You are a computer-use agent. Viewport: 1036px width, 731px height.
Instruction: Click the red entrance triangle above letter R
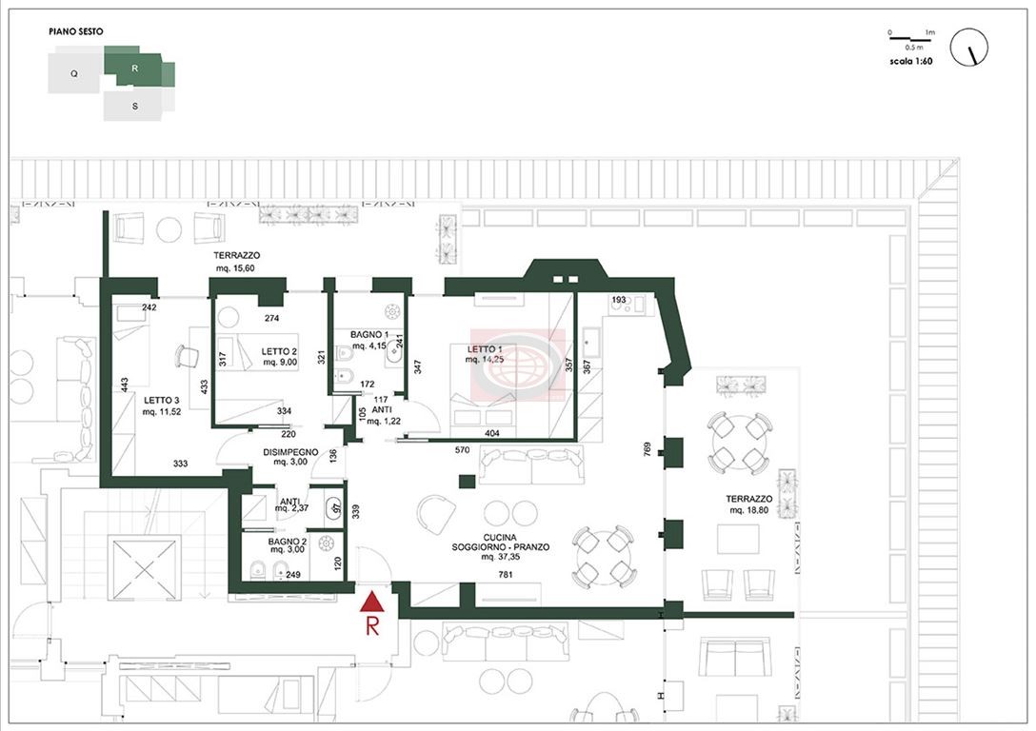(372, 602)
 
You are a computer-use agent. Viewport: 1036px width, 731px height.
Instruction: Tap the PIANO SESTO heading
(76, 31)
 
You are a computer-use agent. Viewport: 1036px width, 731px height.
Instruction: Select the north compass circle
(968, 47)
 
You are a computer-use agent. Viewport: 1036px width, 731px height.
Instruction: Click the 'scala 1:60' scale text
(911, 62)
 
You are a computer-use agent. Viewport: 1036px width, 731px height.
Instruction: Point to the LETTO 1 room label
(485, 349)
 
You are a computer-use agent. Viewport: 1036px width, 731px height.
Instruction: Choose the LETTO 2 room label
(279, 352)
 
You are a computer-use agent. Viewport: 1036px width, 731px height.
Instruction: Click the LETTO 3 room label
(161, 400)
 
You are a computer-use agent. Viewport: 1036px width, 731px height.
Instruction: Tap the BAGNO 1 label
(369, 335)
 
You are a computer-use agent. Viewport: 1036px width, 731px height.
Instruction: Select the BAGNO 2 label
(287, 542)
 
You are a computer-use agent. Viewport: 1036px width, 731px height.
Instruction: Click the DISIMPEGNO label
(290, 452)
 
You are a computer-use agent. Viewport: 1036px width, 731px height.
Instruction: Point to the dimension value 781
(506, 575)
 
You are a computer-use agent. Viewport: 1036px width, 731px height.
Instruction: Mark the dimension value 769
(647, 449)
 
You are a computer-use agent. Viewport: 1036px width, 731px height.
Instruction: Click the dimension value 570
(462, 450)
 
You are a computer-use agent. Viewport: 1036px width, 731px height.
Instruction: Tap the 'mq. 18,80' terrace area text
(748, 510)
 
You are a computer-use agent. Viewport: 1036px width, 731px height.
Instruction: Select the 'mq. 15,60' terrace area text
(235, 268)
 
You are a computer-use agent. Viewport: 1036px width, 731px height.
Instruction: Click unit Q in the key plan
(74, 73)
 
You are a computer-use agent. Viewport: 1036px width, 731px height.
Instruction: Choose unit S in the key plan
(135, 106)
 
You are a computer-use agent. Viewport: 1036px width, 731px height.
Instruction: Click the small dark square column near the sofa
(468, 482)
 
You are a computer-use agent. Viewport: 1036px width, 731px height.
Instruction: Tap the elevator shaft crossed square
(144, 568)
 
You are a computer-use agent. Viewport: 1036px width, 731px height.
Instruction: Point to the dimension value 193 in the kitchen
(618, 300)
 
